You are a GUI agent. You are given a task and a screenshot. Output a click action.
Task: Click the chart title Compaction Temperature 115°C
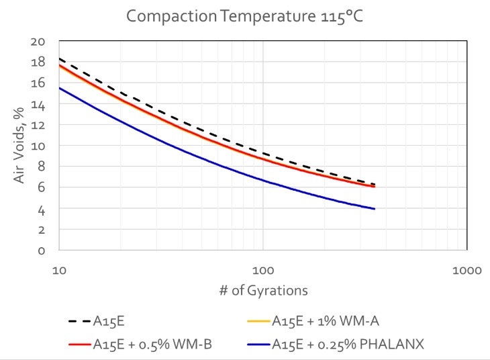point(245,15)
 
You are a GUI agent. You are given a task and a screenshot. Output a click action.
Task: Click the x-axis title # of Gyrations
point(263,290)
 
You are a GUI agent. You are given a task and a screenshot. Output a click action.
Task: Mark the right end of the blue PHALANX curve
point(374,209)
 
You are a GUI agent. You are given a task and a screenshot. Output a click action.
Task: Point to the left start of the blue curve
point(59,88)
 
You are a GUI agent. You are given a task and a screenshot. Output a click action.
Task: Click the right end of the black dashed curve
point(374,185)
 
